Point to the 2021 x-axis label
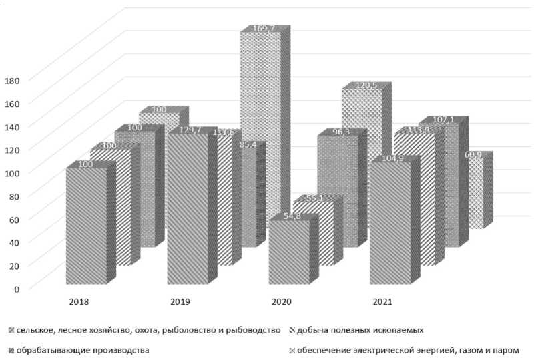coord(383,302)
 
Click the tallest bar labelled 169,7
coord(261,134)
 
